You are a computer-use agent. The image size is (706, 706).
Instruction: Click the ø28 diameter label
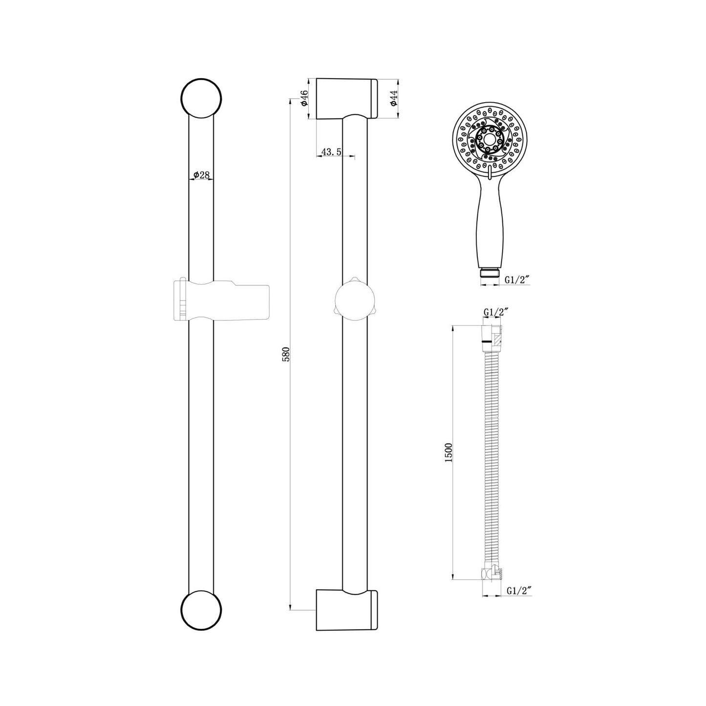click(201, 174)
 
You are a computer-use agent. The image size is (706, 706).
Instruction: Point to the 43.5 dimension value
click(332, 152)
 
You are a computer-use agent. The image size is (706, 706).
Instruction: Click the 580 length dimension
click(287, 354)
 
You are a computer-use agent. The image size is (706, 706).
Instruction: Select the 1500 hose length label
click(449, 452)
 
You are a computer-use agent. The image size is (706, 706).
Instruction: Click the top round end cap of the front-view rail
click(201, 98)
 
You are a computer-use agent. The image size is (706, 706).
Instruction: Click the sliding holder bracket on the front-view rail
click(222, 300)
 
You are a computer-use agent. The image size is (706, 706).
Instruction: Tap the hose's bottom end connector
click(491, 574)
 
